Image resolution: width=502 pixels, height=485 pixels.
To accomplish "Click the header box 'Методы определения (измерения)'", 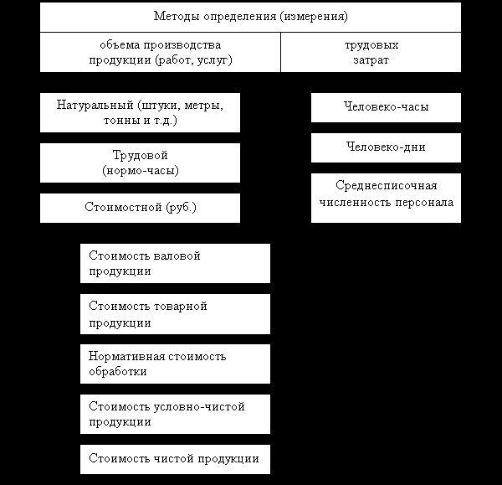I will coord(250,17).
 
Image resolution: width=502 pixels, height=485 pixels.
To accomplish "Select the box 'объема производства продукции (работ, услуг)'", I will coord(160,52).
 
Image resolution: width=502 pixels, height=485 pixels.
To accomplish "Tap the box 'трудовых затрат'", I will coord(371,52).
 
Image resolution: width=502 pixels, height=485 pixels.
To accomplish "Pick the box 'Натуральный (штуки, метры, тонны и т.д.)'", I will coord(140,113).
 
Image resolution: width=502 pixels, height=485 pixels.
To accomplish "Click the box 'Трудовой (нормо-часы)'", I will coord(140,163).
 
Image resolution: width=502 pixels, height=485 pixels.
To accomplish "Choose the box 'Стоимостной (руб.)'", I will coord(140,208).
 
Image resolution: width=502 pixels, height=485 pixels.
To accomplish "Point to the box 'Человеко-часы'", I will coord(386,107).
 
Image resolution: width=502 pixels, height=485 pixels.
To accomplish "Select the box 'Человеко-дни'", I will coord(386,147).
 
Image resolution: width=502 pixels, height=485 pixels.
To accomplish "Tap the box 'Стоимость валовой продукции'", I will coord(176,263).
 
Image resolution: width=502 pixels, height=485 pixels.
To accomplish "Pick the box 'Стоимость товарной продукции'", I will coord(176,313).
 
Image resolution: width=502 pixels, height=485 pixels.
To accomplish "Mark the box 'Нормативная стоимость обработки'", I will coord(176,364).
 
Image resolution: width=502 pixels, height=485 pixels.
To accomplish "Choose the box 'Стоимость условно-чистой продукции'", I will coord(176,414).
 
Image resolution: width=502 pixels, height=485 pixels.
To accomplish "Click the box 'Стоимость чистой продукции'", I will coord(176,459).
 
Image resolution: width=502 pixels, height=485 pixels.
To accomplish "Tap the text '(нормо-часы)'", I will coord(141,170).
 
